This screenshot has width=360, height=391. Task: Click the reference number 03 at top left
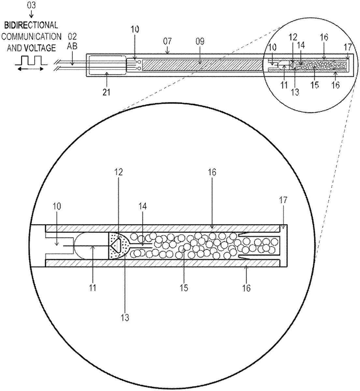(x=32, y=6)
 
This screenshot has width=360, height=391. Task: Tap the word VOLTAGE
(x=40, y=48)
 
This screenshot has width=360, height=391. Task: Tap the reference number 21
(x=106, y=92)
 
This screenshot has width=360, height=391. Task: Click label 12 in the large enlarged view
(x=118, y=172)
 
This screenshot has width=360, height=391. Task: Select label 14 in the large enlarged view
(x=143, y=206)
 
